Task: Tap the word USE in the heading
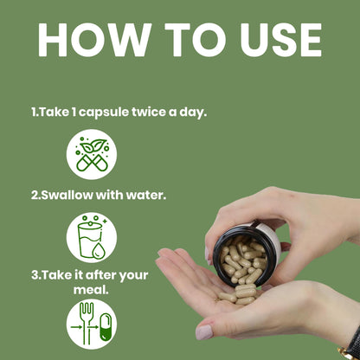pyautogui.click(x=281, y=40)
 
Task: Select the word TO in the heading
pyautogui.click(x=196, y=40)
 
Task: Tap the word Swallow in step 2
pyautogui.click(x=67, y=196)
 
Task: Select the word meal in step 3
pyautogui.click(x=91, y=290)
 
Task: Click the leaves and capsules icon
pyautogui.click(x=92, y=154)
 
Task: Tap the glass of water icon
pyautogui.click(x=92, y=237)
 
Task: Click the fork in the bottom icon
pyautogui.click(x=87, y=323)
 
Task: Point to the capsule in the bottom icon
pyautogui.click(x=106, y=327)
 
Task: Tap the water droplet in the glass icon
pyautogui.click(x=97, y=250)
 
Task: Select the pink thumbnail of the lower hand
pyautogui.click(x=204, y=331)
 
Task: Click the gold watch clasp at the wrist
pyautogui.click(x=346, y=353)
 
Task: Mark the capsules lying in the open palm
pyautogui.click(x=239, y=294)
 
